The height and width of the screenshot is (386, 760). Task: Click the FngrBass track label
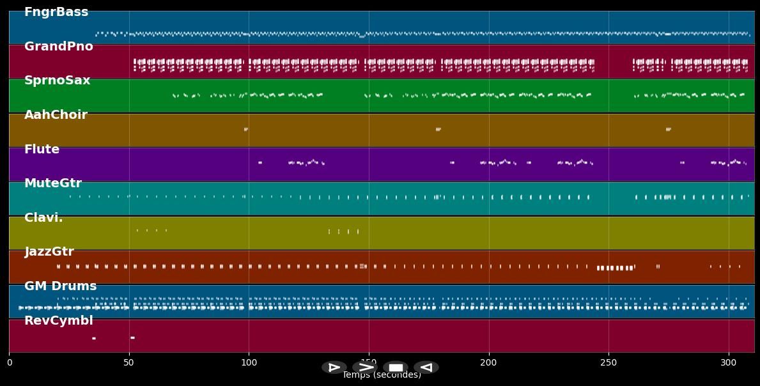(x=56, y=12)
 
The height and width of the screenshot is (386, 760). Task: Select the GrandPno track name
(x=59, y=47)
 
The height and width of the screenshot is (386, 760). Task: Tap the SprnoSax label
(x=58, y=81)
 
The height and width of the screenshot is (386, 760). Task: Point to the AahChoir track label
(x=56, y=115)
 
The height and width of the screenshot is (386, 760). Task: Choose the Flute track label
(x=42, y=150)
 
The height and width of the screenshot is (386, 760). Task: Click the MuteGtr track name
(x=53, y=183)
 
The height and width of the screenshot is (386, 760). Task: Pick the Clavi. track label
(x=43, y=218)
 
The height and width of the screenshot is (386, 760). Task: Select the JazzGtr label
(x=49, y=252)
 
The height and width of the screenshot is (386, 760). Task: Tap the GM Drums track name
(x=61, y=286)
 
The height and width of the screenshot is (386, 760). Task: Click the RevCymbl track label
(x=59, y=321)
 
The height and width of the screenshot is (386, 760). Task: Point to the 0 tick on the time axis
(x=9, y=363)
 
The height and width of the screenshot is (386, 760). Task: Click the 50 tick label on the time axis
(x=129, y=363)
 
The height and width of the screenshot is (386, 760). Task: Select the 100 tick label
(x=249, y=363)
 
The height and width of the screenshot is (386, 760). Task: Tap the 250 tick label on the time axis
(x=609, y=363)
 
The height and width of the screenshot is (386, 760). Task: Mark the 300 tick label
(x=729, y=363)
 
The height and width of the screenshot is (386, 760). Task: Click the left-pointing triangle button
(x=426, y=367)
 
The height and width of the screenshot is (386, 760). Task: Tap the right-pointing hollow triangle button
(x=334, y=367)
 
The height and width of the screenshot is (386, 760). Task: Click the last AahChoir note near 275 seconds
(x=668, y=129)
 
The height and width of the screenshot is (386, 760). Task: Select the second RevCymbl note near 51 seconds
(x=132, y=337)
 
